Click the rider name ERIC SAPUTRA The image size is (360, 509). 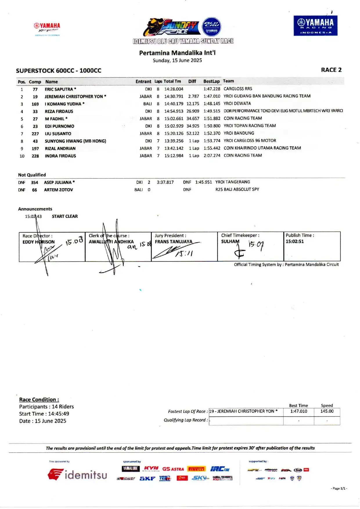tap(59, 89)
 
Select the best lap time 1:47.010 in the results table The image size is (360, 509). tap(212, 96)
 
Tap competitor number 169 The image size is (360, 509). tap(35, 104)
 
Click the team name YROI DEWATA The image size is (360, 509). tap(237, 103)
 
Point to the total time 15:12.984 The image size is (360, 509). tap(174, 156)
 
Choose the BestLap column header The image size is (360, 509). tap(211, 81)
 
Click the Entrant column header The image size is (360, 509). tap(143, 82)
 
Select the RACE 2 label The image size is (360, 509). tap(331, 70)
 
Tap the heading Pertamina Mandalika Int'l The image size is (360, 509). tap(177, 53)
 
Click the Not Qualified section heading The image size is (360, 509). tap(32, 175)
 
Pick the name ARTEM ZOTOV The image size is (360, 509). tap(58, 190)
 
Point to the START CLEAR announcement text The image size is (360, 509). tap(65, 216)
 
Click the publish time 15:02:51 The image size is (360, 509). tap(294, 241)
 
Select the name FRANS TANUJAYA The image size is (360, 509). tap(173, 242)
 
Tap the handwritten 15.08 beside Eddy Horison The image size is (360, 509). tap(74, 241)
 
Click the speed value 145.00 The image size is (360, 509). tap(327, 411)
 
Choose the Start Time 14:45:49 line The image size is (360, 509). tap(44, 414)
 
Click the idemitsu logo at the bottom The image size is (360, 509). tap(78, 475)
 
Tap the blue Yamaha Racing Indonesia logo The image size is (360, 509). tap(315, 26)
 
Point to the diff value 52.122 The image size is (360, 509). tap(193, 134)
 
